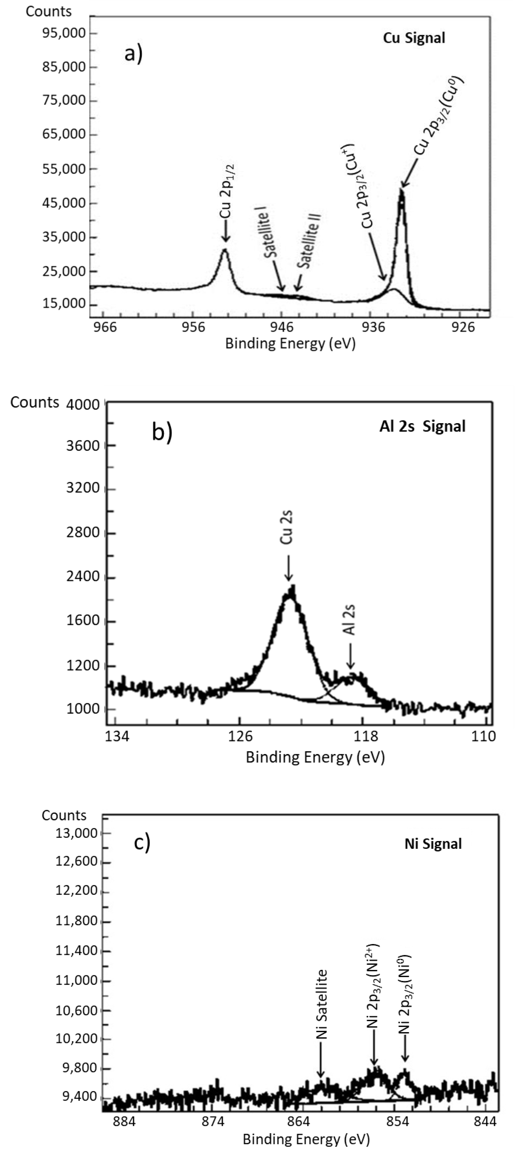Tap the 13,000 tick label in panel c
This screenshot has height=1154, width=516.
coord(76,833)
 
